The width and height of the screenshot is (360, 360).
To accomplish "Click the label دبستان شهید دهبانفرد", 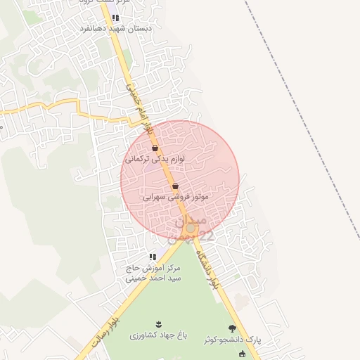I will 123,29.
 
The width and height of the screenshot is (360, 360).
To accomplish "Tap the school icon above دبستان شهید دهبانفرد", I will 115,18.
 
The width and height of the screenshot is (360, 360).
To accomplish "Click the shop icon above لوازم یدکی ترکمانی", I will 155,148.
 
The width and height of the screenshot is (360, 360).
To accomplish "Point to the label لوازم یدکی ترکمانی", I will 155,160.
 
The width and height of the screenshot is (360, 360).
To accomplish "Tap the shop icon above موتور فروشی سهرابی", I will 175,186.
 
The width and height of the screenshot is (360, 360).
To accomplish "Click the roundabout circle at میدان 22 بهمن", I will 190,228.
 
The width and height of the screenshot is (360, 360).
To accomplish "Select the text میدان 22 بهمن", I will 190,229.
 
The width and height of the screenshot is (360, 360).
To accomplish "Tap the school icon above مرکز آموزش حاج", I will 152,257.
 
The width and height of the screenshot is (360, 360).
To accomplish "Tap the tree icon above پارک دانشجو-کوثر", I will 232,328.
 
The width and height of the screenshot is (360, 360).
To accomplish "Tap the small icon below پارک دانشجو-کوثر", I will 243,354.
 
